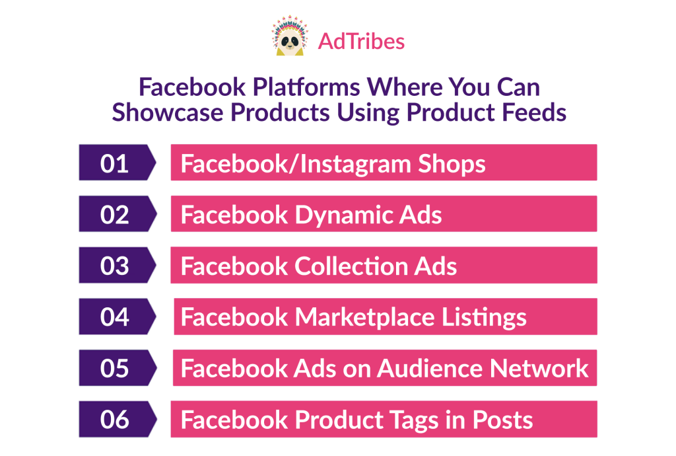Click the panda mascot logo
pyautogui.click(x=290, y=36)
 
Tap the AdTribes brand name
pyautogui.click(x=361, y=42)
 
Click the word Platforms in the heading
pyautogui.click(x=306, y=87)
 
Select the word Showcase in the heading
pyautogui.click(x=168, y=112)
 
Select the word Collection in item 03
pyautogui.click(x=350, y=266)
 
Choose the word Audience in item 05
pyautogui.click(x=431, y=369)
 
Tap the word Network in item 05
pyautogui.click(x=539, y=369)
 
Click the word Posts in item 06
pyautogui.click(x=502, y=420)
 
